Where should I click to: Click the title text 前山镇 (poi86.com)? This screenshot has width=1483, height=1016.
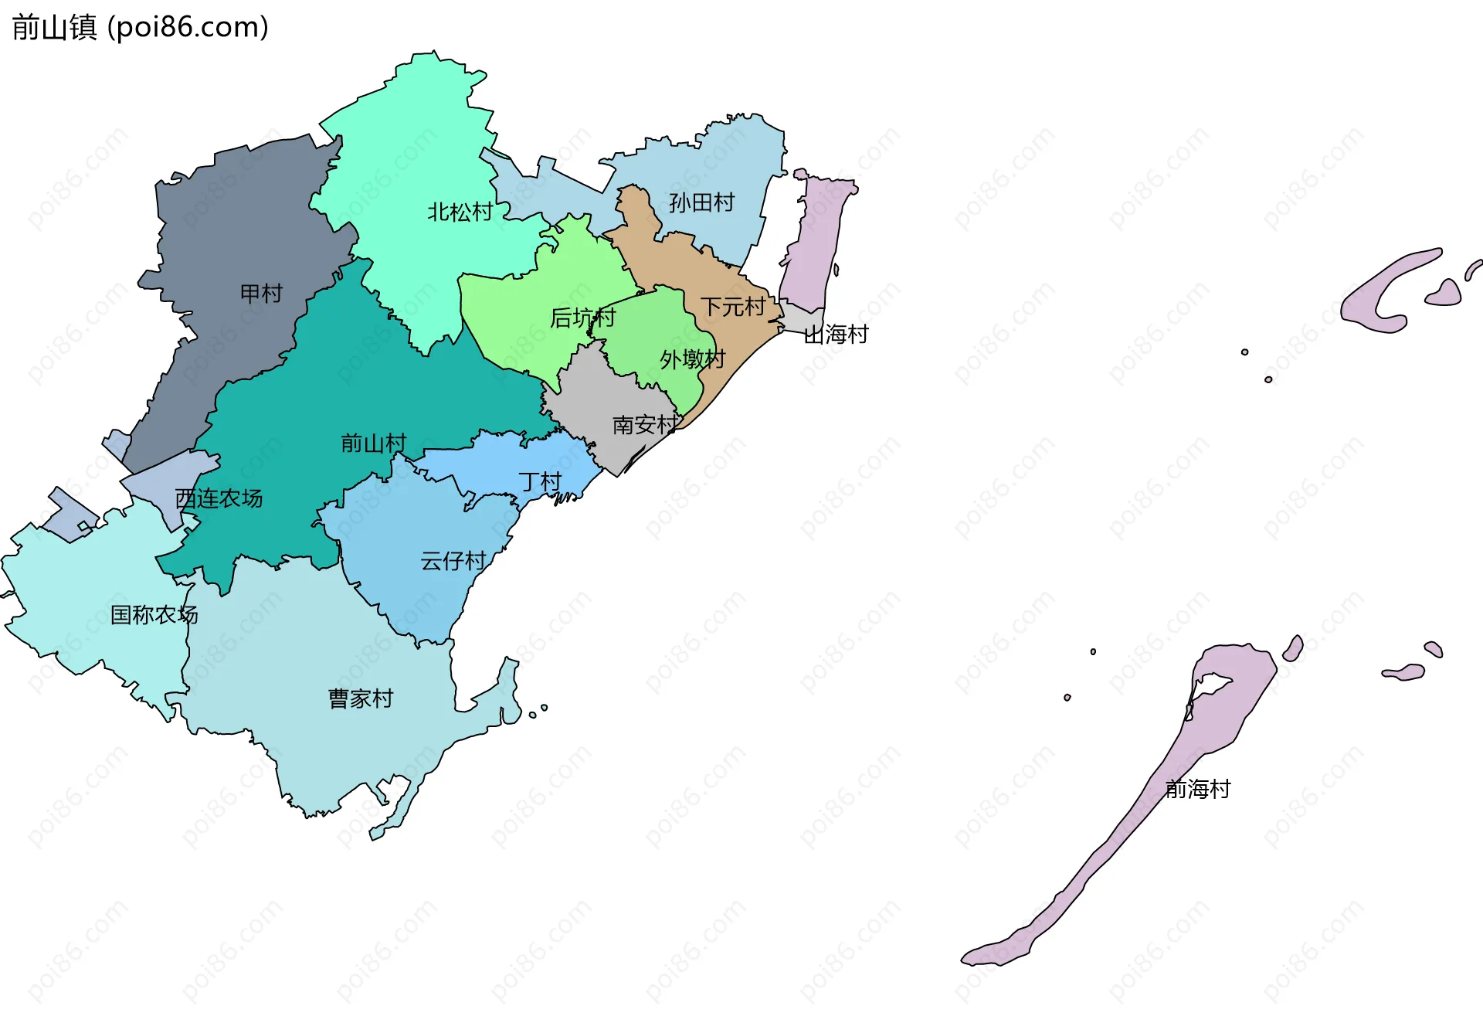pos(140,27)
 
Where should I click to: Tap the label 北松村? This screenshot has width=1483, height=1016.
pos(460,212)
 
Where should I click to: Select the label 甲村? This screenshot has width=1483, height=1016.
pos(261,294)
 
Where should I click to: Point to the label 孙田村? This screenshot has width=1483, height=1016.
pos(701,203)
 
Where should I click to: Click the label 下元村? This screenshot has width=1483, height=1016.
pos(732,308)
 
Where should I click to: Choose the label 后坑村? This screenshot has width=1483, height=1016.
pos(582,318)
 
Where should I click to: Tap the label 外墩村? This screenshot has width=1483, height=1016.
pos(692,359)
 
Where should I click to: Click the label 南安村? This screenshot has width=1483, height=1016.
pos(646,425)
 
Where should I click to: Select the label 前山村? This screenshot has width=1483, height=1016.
pos(373,443)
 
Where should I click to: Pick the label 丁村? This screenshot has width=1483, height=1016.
pos(540,482)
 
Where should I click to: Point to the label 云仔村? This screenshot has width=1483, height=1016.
pos(453,561)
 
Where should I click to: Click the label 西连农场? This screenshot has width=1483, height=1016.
pos(219,499)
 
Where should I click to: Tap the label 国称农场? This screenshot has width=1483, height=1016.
pos(154,615)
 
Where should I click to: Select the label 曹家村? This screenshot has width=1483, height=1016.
pos(361,698)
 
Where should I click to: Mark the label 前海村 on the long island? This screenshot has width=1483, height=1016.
pos(1197,789)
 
